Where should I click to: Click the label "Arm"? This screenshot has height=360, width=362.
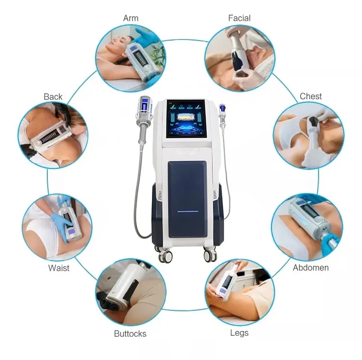130,18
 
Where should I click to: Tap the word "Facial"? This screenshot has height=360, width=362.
239,18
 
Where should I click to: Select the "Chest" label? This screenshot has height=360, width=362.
310,97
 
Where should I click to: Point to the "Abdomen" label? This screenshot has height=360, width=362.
310,267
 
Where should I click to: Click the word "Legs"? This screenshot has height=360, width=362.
239,333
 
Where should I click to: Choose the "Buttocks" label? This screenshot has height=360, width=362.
130,333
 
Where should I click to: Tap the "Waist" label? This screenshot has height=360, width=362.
58,268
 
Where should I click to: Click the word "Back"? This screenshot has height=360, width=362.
53,97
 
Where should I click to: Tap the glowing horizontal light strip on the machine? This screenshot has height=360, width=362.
187,211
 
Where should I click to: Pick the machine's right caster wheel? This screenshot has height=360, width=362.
210,254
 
